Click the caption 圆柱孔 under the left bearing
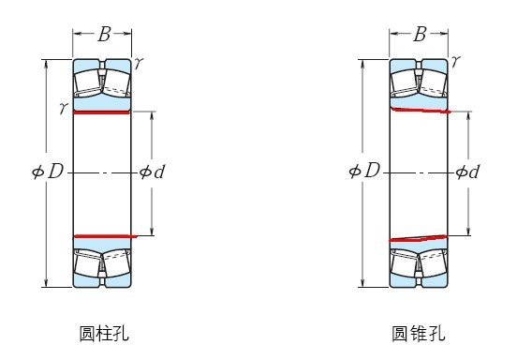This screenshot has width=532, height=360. [104, 333]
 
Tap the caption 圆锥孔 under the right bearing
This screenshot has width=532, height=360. [419, 333]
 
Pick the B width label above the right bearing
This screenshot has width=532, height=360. [420, 36]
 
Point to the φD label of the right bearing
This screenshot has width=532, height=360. [363, 171]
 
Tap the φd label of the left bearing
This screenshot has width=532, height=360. [152, 172]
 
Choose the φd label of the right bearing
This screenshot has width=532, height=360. [467, 172]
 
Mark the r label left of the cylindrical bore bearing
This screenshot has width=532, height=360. [62, 109]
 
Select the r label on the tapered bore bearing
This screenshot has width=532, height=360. [455, 61]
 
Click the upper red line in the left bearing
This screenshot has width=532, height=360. [103, 112]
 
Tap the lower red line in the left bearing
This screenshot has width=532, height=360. [103, 236]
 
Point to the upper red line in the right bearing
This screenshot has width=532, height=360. [420, 111]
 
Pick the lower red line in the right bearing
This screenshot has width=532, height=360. [420, 238]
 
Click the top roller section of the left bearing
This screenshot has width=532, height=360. [103, 82]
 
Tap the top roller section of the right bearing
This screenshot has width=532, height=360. [420, 82]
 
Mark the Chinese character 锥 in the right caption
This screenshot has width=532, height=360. [419, 333]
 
